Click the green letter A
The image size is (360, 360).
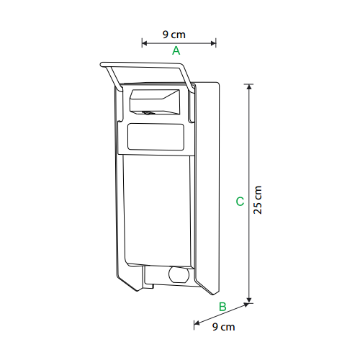(x=176, y=50)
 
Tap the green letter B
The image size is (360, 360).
(x=222, y=307)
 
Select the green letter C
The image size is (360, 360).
(x=240, y=202)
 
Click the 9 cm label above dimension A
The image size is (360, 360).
(x=174, y=35)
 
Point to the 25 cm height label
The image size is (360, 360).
(x=258, y=200)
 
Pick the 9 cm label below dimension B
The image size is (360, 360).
(x=223, y=327)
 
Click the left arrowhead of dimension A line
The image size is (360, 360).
(x=144, y=43)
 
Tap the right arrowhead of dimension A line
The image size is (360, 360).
(x=213, y=43)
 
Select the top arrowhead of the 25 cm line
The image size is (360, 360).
(x=249, y=86)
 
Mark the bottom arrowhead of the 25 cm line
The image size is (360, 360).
(x=249, y=300)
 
